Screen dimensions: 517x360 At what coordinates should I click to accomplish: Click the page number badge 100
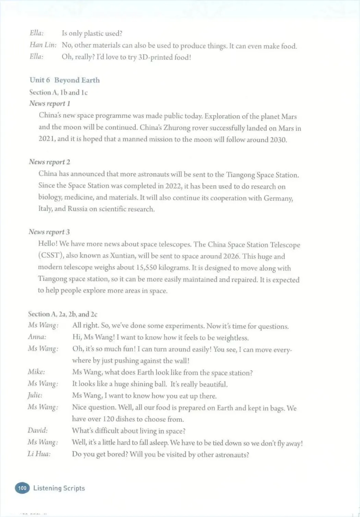pyautogui.click(x=22, y=488)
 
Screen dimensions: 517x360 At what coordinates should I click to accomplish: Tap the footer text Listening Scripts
pyautogui.click(x=59, y=488)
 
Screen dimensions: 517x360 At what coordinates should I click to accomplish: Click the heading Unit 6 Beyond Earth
pyautogui.click(x=65, y=80)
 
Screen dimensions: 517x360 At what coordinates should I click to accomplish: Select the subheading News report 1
pyautogui.click(x=50, y=103)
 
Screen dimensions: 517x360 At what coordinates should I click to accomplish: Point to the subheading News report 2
pyautogui.click(x=49, y=162)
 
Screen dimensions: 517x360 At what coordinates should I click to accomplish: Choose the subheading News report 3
pyautogui.click(x=49, y=232)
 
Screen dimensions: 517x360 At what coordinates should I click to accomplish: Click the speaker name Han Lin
pyautogui.click(x=43, y=45)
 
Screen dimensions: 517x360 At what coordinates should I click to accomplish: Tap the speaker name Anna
pyautogui.click(x=37, y=337)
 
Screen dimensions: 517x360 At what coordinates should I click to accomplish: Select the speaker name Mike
pyautogui.click(x=36, y=372)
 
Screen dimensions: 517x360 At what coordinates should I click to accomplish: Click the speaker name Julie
pyautogui.click(x=35, y=395)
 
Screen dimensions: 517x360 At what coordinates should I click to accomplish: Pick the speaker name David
pyautogui.click(x=38, y=430)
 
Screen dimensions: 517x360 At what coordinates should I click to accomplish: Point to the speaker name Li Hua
pyautogui.click(x=39, y=454)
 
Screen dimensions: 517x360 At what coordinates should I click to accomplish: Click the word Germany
pyautogui.click(x=278, y=198)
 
